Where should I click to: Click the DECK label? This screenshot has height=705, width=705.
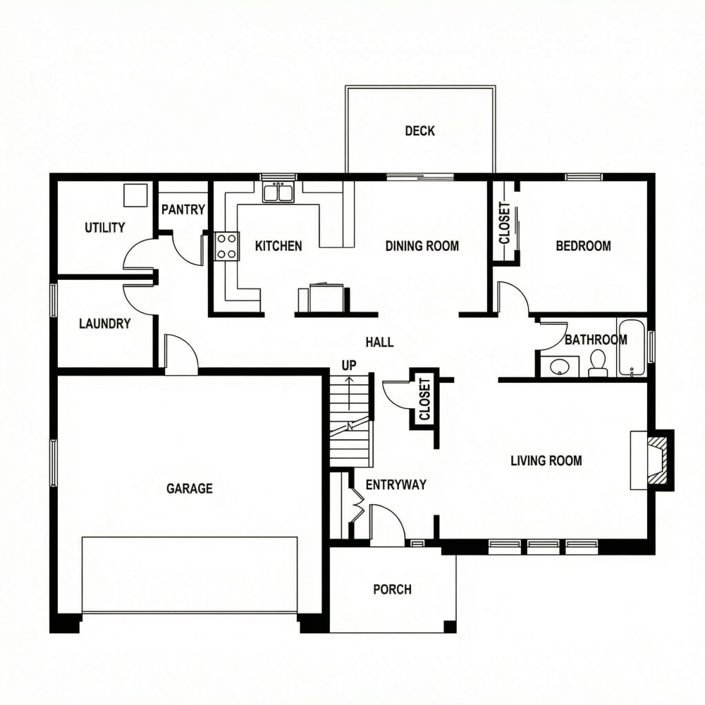(x=419, y=130)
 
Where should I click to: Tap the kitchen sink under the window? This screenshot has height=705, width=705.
(x=278, y=192)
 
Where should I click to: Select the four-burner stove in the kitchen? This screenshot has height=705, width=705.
(x=226, y=246)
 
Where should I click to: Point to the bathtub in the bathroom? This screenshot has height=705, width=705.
(x=631, y=348)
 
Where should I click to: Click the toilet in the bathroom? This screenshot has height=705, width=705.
(x=598, y=362)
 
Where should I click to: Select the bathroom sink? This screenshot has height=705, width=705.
(x=560, y=367)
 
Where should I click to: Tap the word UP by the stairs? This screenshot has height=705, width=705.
(x=349, y=365)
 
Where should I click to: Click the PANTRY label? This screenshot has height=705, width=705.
(x=183, y=209)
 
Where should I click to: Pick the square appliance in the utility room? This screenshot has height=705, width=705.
(x=135, y=195)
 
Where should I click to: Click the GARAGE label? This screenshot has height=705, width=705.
(x=189, y=488)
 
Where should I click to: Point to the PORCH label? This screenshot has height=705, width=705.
(x=392, y=589)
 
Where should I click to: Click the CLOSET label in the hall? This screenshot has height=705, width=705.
(x=424, y=399)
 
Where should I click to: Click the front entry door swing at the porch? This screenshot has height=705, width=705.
(x=386, y=524)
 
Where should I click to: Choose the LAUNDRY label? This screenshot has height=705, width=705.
(x=104, y=324)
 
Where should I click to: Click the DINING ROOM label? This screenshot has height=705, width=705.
(x=422, y=246)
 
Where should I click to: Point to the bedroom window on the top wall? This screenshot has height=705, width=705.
(x=584, y=176)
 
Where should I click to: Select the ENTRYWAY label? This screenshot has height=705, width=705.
(x=396, y=484)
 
